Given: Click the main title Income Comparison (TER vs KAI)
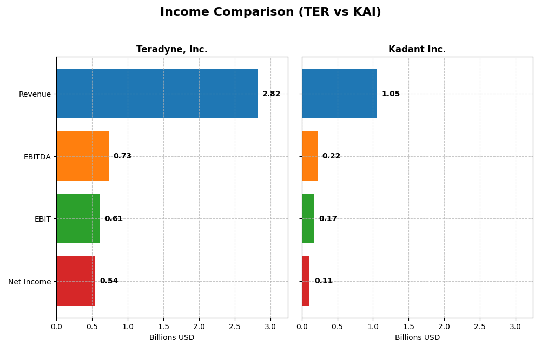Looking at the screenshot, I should coord(270,12).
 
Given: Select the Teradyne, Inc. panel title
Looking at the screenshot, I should coord(171,49).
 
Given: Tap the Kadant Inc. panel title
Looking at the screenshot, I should coord(417,49).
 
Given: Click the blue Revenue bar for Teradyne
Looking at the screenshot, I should coord(157,94).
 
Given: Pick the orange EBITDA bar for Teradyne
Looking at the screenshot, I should coord(82,156).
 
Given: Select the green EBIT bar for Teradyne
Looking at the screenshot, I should coord(78,218).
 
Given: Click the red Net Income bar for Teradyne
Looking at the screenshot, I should coord(76,281).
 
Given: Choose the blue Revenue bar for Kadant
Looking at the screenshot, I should coord(339,94).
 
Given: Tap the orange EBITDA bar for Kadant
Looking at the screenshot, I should coord(309,156).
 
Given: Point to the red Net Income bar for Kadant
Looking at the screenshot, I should coord(306,281).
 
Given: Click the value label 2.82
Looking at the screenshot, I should coord(271,94).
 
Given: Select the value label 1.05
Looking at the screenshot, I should coord(391,94).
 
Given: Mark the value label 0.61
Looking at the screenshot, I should coord(114,218).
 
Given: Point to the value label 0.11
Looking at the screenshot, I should coord(324,281).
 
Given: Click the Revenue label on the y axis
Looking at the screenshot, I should coord(35,94).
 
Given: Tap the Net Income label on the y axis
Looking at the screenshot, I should coord(30,281).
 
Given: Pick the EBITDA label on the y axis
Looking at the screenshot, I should coord(37,157).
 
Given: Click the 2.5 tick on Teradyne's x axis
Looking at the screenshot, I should coord(235,326).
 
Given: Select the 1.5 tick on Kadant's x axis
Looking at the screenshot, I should coord(408,326).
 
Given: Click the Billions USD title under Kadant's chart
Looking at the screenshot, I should coord(417,337).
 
